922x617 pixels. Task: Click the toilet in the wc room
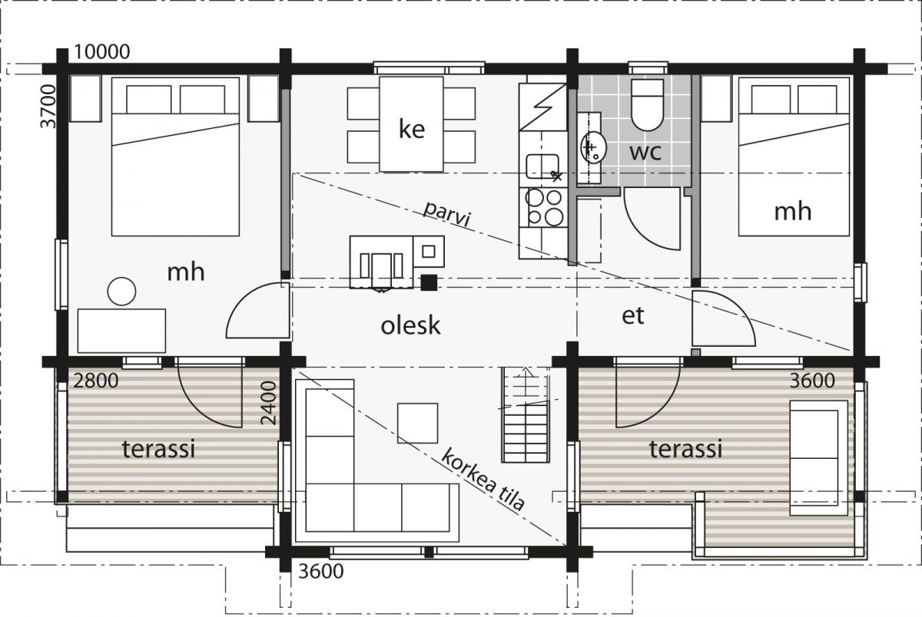648,105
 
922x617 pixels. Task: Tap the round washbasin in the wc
593,147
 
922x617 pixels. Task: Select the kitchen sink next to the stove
542,167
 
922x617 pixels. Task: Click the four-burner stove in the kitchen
544,207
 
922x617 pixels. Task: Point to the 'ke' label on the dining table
412,129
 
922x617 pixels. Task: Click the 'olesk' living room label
410,325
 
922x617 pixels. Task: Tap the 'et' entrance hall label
632,315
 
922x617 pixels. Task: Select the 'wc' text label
645,152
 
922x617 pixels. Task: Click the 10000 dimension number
102,51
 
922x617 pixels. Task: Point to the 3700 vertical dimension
48,106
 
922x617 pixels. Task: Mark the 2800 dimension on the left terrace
96,381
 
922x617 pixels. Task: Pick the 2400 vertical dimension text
268,403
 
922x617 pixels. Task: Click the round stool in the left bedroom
122,292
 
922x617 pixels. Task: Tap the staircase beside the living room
526,415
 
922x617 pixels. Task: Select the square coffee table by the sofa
417,423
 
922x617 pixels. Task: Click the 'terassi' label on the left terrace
158,448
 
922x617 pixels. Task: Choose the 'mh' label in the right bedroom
793,212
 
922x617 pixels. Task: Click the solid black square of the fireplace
429,283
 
